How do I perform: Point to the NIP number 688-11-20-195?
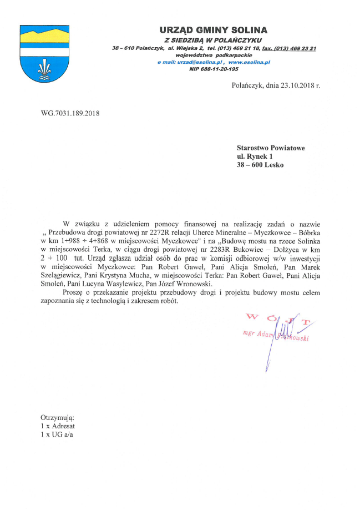(x=214, y=69)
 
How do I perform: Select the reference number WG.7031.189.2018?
(x=70, y=114)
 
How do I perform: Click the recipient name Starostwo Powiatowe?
(x=271, y=148)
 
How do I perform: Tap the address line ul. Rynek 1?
(x=255, y=156)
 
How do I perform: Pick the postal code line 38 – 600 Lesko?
(x=260, y=165)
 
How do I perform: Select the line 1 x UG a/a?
(x=57, y=434)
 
